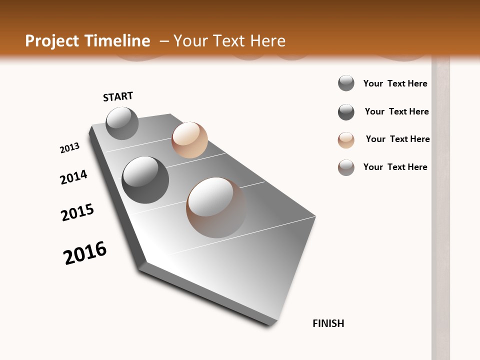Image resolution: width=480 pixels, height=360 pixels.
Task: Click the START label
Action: click(x=118, y=96)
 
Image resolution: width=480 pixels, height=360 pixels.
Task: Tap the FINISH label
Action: click(x=328, y=323)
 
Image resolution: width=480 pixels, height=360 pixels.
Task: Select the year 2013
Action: click(x=69, y=148)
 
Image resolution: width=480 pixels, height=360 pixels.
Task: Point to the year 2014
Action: click(x=73, y=177)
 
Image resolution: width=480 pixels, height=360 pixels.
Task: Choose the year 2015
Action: click(x=77, y=212)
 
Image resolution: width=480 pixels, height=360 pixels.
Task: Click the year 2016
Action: click(x=85, y=253)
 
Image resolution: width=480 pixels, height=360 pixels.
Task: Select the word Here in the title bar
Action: click(x=267, y=41)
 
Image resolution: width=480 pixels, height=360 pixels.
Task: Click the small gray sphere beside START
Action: click(x=122, y=123)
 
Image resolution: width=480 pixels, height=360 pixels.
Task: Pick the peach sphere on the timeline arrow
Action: click(x=189, y=140)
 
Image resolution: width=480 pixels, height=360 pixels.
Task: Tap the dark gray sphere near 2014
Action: click(x=145, y=180)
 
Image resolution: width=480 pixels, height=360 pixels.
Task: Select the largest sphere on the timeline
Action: click(x=216, y=207)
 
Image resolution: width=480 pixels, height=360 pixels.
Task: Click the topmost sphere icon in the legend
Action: click(x=346, y=83)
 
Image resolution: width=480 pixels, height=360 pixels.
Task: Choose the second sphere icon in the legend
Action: click(x=346, y=112)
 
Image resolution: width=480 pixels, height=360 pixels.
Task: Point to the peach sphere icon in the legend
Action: click(x=346, y=140)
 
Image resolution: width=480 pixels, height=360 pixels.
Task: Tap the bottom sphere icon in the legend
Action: click(x=346, y=167)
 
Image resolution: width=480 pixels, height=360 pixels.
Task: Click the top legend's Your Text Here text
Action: click(x=395, y=83)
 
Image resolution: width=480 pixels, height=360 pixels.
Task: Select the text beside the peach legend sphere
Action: click(x=397, y=139)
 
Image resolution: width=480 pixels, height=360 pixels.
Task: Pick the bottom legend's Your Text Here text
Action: click(x=395, y=167)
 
